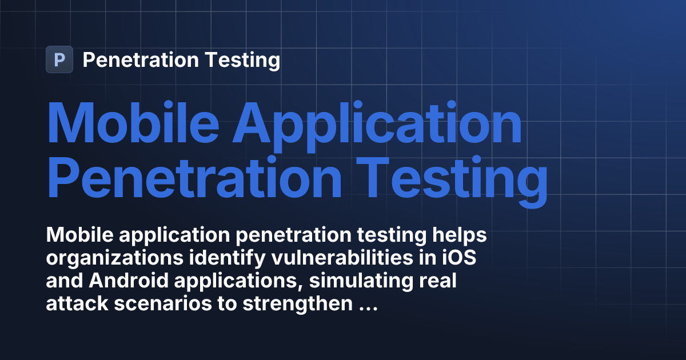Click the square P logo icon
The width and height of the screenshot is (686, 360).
[59, 59]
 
